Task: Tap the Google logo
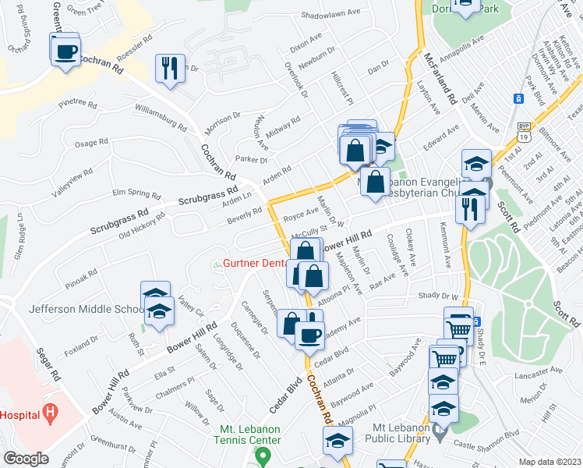point(26,459)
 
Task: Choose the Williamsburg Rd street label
point(161,116)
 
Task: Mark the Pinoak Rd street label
point(82,276)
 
